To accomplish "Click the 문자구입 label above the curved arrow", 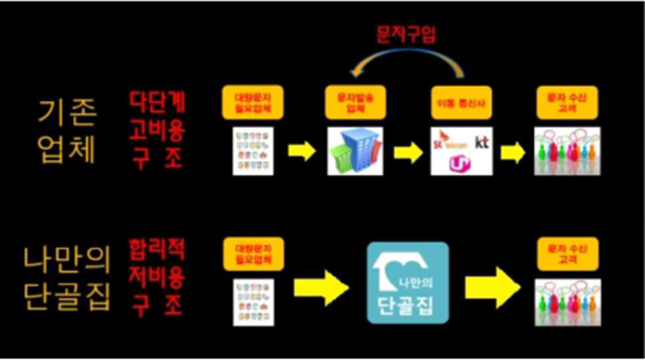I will (408, 34).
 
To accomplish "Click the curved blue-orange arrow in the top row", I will (406, 66).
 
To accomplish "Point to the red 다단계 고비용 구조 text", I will (155, 129).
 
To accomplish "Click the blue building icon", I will (354, 150).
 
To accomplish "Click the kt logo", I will (481, 143).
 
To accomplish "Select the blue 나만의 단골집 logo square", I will (408, 282).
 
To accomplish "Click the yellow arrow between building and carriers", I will (407, 152).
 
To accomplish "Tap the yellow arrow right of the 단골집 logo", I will (491, 290).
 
